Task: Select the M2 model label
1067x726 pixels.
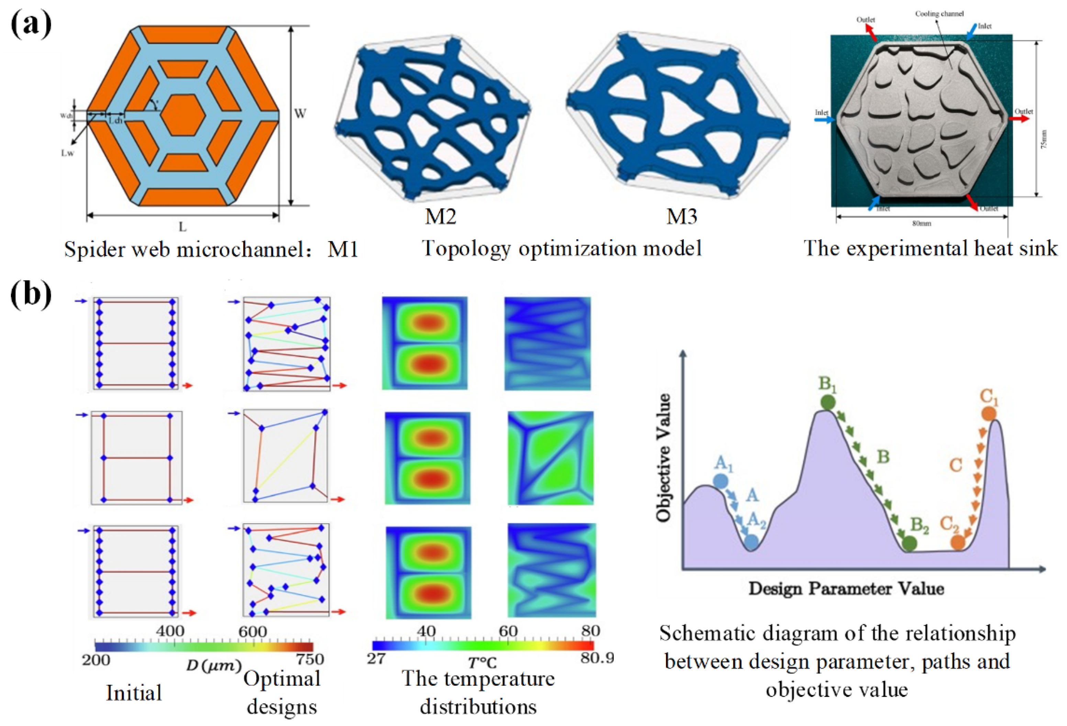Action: click(440, 216)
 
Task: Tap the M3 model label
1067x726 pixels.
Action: click(681, 216)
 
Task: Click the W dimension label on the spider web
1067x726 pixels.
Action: click(300, 113)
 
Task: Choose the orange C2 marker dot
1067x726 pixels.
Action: click(958, 543)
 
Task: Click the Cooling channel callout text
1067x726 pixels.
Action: click(940, 14)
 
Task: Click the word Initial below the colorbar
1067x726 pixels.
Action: click(134, 693)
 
